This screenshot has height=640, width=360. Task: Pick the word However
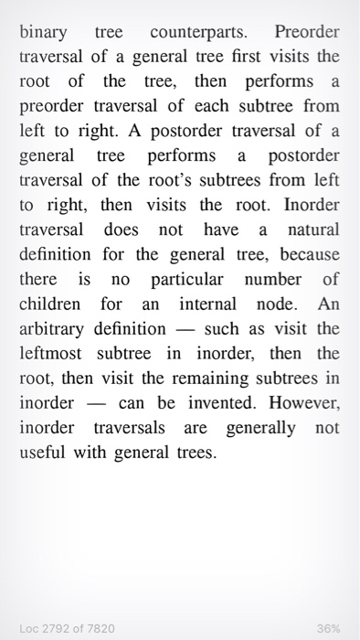[303, 400]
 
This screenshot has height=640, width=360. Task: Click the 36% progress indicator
[328, 628]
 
